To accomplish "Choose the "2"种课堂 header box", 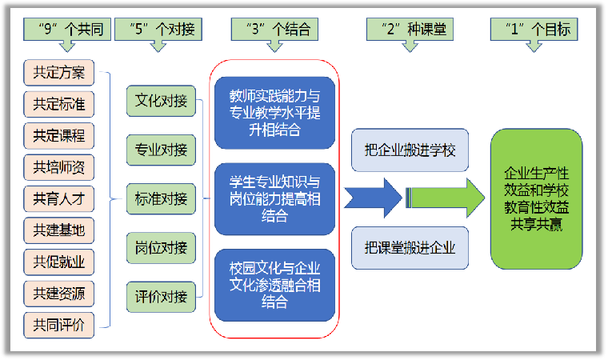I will (x=410, y=30).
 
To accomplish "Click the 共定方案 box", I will (x=59, y=73).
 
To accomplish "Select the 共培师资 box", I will (x=59, y=167).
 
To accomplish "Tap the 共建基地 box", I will (x=59, y=230).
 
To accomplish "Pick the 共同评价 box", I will (x=59, y=324).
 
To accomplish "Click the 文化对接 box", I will (x=161, y=101).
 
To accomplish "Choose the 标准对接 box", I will (x=161, y=198).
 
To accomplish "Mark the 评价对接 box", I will (x=161, y=297).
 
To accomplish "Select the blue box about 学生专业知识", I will (x=274, y=198).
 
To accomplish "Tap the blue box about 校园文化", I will (x=274, y=284).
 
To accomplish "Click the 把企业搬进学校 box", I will (x=410, y=150).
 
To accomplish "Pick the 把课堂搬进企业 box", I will (x=410, y=247).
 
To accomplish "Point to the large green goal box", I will (x=537, y=198).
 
